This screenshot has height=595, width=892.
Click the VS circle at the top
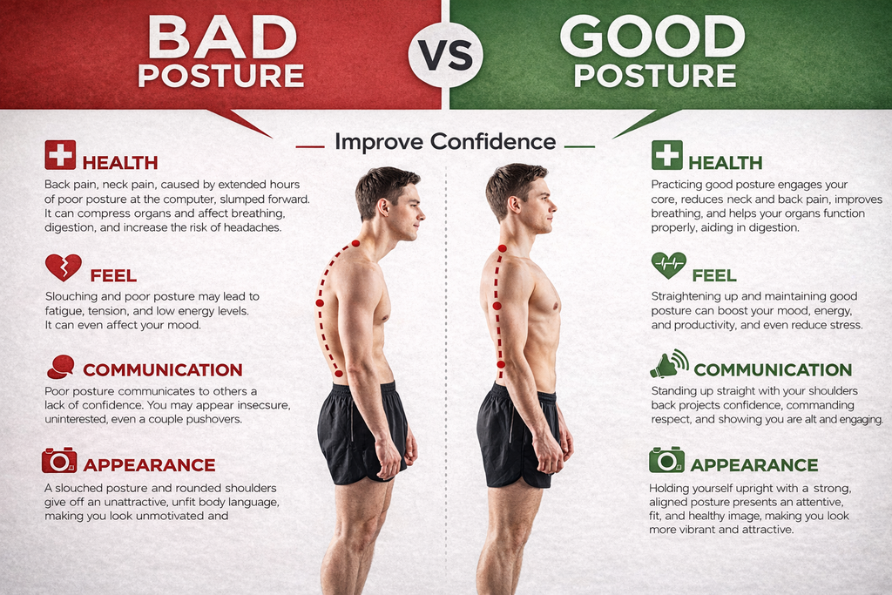pyautogui.click(x=445, y=55)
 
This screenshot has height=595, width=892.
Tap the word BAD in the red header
pyautogui.click(x=222, y=37)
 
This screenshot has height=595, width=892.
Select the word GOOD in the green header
pyautogui.click(x=652, y=37)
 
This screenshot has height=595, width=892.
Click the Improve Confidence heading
pyautogui.click(x=445, y=142)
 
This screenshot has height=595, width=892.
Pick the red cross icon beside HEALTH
pyautogui.click(x=60, y=155)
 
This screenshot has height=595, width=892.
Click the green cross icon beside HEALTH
pyautogui.click(x=666, y=155)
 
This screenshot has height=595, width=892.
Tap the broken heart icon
pyautogui.click(x=63, y=267)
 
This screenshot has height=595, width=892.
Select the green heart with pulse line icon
pyautogui.click(x=668, y=265)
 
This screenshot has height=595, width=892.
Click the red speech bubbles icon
pyautogui.click(x=61, y=367)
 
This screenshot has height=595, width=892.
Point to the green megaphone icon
pyautogui.click(x=669, y=364)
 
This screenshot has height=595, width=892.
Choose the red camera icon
pyautogui.click(x=59, y=460)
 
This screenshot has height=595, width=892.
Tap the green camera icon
pyautogui.click(x=666, y=460)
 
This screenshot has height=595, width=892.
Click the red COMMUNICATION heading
pyautogui.click(x=163, y=369)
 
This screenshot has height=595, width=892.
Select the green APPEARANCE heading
pyautogui.click(x=753, y=465)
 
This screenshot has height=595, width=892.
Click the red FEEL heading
pyautogui.click(x=113, y=276)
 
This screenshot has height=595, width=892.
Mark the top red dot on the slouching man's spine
pyautogui.click(x=355, y=243)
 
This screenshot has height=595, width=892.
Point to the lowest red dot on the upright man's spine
pyautogui.click(x=501, y=364)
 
